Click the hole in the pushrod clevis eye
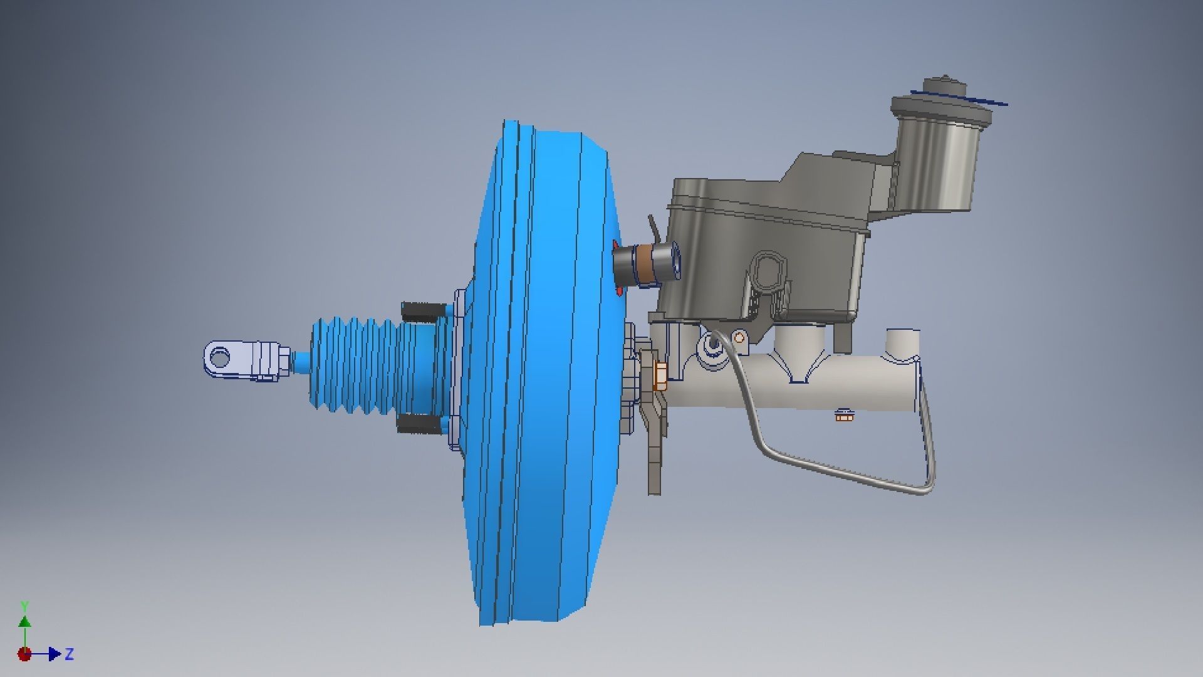click(x=220, y=359)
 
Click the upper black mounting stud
click(x=423, y=310)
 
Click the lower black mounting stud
click(x=419, y=424)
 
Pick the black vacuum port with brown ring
click(x=645, y=263)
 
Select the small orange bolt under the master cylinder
click(x=843, y=414)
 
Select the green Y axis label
click(x=25, y=606)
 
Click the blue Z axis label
click(x=70, y=654)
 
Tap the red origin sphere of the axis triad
click(x=24, y=654)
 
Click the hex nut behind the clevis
click(x=283, y=360)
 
